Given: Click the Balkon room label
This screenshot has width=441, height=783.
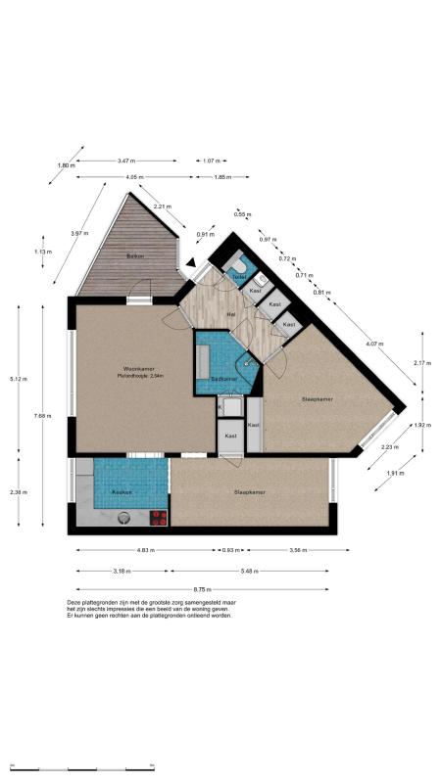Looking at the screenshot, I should tap(135, 256).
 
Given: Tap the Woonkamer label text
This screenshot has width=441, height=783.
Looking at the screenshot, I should tap(134, 368).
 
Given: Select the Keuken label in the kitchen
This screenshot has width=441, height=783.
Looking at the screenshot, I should tap(121, 491).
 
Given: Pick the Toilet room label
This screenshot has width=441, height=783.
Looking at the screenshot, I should tap(238, 277).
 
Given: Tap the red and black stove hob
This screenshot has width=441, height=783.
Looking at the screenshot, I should tap(158, 517).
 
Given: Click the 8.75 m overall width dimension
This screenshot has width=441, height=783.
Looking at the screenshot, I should tap(204, 588).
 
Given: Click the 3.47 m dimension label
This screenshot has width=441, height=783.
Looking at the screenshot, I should tap(125, 161).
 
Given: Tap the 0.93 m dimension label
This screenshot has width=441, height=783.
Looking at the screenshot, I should tap(232, 551).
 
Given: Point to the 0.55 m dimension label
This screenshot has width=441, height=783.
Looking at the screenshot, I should tap(239, 213).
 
